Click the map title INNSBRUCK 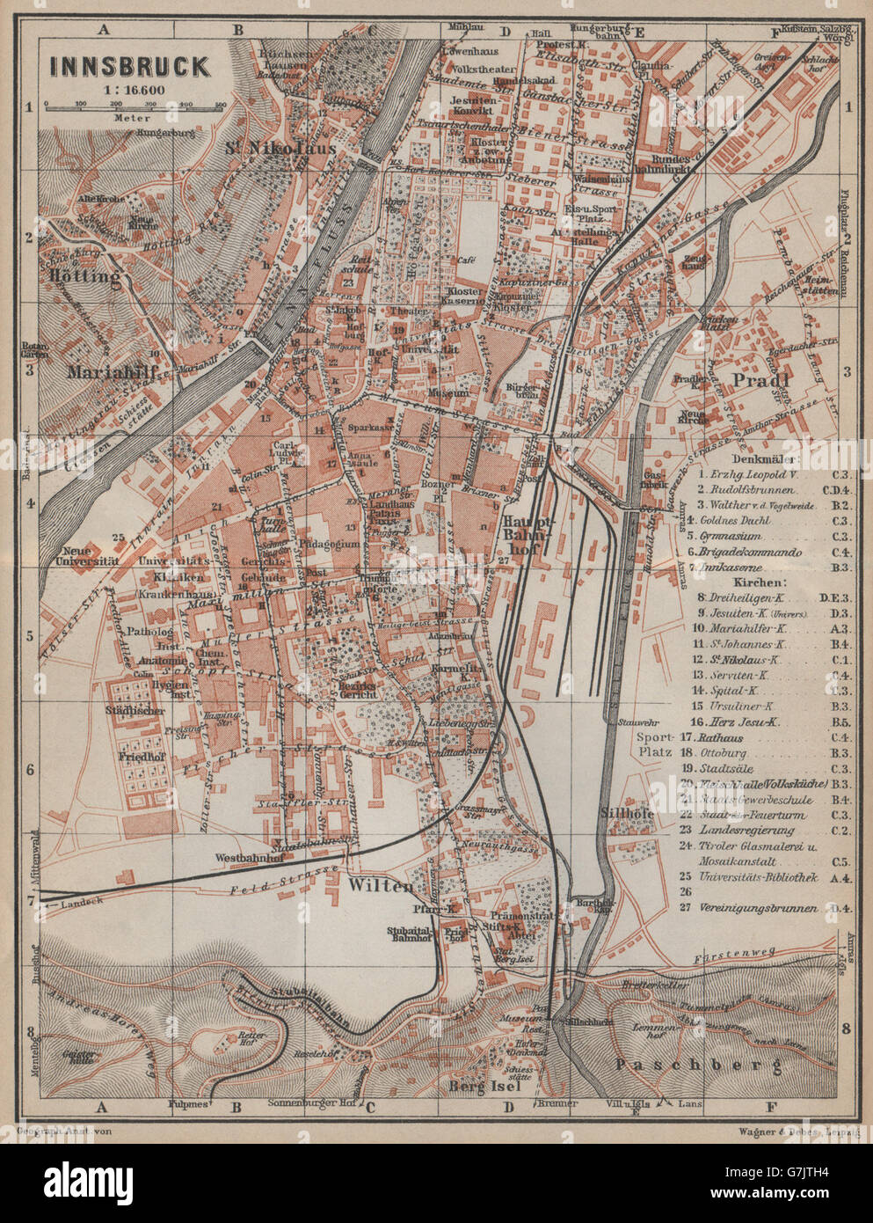pos(128,66)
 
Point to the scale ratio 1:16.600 pos(127,89)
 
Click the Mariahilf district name pos(118,371)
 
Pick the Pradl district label pos(756,380)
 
